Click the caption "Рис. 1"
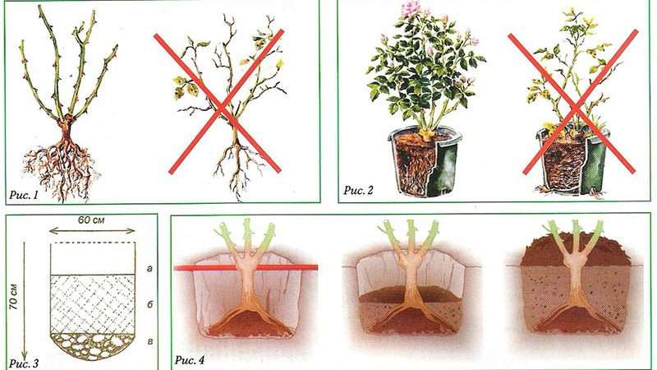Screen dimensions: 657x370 (x=24, y=195)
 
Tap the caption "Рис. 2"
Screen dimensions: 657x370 (x=358, y=190)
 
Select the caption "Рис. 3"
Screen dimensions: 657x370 (x=24, y=363)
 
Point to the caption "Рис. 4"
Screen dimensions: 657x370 (x=190, y=360)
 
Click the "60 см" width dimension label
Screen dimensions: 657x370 (x=91, y=220)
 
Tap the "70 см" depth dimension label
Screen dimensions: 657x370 (x=14, y=297)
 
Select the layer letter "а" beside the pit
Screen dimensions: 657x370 (x=149, y=269)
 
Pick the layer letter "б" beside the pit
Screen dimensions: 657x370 (x=149, y=304)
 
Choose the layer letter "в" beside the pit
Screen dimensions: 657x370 (x=149, y=341)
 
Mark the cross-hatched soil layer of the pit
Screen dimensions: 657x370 (x=93, y=303)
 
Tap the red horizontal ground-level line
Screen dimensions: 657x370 (x=246, y=267)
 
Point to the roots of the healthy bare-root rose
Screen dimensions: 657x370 (x=63, y=168)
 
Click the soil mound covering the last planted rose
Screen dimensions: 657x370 (x=576, y=251)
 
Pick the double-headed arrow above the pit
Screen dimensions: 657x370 (x=92, y=231)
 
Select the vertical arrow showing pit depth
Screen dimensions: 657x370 (x=24, y=300)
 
